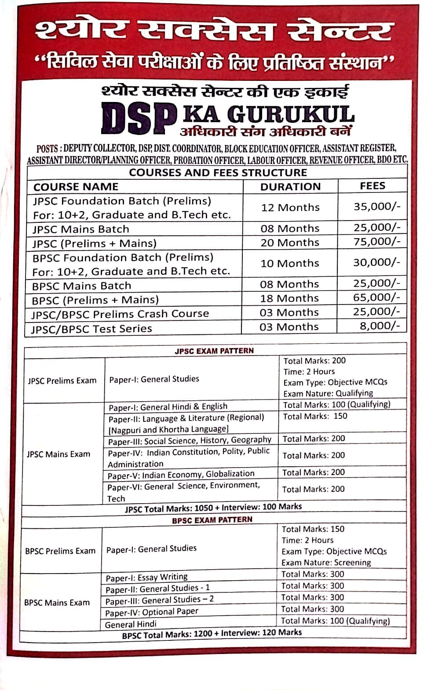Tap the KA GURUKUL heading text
click(x=268, y=114)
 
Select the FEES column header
click(x=372, y=186)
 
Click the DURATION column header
click(x=290, y=187)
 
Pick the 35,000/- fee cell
click(x=377, y=206)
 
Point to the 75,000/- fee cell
click(x=377, y=241)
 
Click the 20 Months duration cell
click(x=290, y=242)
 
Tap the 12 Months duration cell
click(x=290, y=207)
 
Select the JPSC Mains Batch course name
click(x=81, y=229)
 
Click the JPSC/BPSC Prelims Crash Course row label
click(x=120, y=314)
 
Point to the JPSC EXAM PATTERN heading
click(x=214, y=351)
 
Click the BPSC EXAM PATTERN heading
click(x=212, y=520)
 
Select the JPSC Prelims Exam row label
click(x=62, y=381)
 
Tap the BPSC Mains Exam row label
click(x=57, y=603)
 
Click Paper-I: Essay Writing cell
click(x=146, y=577)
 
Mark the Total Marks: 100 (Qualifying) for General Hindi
click(x=335, y=621)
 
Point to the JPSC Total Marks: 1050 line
click(x=213, y=508)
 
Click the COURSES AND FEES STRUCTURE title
click(x=218, y=172)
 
